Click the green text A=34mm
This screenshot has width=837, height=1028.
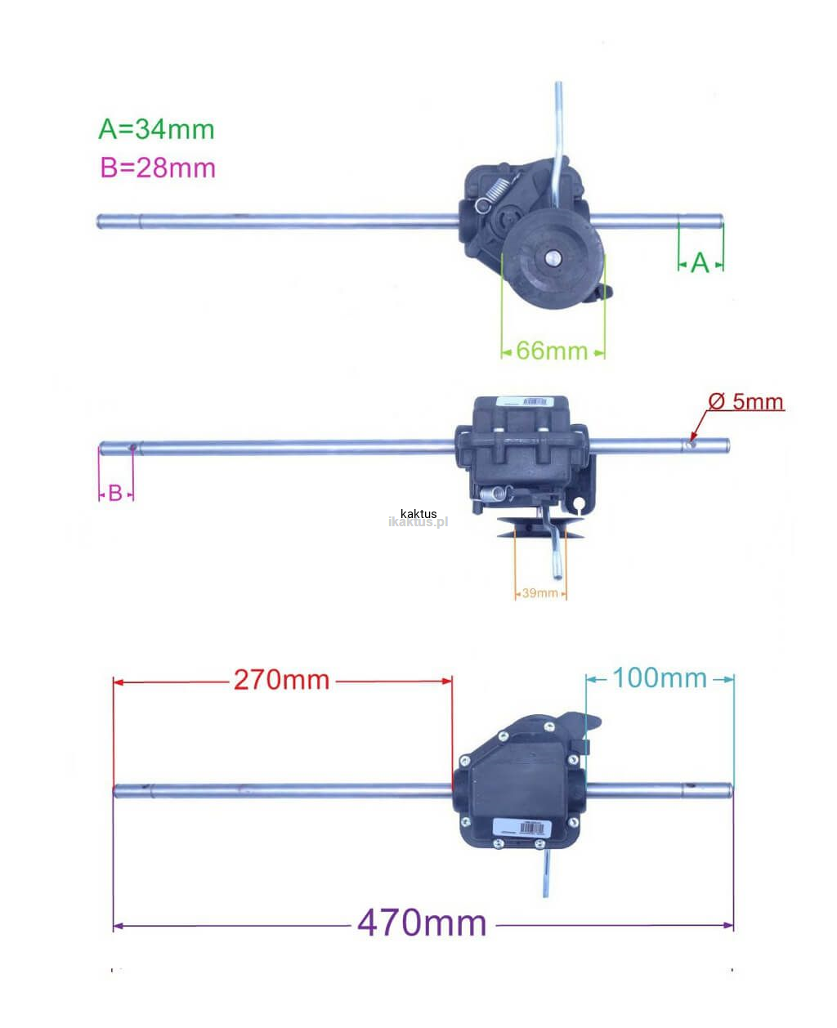point(156,129)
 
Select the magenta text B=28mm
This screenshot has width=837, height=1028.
point(158,168)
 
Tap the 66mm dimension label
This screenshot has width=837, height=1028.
point(553,351)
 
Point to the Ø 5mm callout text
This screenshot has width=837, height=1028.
point(745,401)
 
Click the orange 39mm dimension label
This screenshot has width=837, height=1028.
point(540,592)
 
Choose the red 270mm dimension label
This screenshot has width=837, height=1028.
point(282,680)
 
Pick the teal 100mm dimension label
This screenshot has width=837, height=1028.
point(660,677)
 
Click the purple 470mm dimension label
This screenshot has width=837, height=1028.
point(422,923)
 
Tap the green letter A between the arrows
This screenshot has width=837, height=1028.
point(700,263)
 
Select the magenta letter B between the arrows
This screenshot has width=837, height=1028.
point(115,494)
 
